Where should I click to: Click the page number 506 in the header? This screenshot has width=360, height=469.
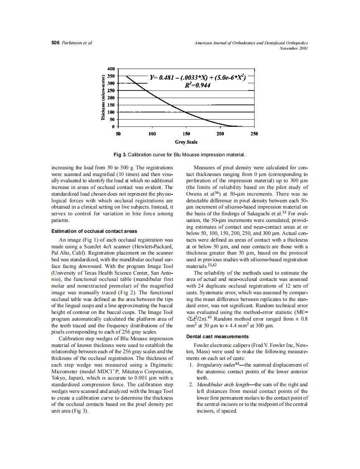click(x=56, y=43)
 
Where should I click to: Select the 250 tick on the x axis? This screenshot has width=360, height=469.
click(x=254, y=134)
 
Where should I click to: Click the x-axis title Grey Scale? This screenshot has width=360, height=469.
click(x=186, y=142)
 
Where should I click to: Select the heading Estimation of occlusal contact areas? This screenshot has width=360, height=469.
click(x=94, y=231)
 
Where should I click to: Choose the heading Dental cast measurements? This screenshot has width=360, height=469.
click(x=217, y=336)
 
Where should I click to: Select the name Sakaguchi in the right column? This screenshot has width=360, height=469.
click(x=264, y=214)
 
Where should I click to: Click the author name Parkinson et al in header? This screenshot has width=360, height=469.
click(x=77, y=43)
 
